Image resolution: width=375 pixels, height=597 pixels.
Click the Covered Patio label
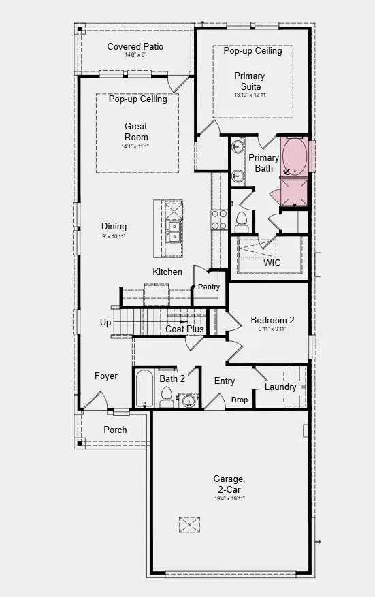135,47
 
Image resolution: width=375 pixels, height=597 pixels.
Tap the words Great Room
135,131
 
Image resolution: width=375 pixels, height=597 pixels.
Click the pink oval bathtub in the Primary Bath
295,157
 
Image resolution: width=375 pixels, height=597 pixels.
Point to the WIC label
272,263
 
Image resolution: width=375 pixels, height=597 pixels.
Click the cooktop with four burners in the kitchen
219,221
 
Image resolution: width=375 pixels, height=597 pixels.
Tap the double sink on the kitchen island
173,233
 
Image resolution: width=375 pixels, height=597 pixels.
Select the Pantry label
209,287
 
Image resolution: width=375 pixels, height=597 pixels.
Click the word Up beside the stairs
105,323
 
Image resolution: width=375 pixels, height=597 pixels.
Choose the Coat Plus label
184,329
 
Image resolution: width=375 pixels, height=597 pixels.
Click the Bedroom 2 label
272,321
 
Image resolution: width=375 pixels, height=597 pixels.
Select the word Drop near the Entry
240,400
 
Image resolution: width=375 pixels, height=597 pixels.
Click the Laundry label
281,387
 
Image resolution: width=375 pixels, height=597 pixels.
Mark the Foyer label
105,376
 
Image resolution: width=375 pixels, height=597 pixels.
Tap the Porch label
115,430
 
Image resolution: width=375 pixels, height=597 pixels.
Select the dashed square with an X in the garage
189,525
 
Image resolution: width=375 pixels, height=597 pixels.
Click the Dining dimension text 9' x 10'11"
114,236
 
